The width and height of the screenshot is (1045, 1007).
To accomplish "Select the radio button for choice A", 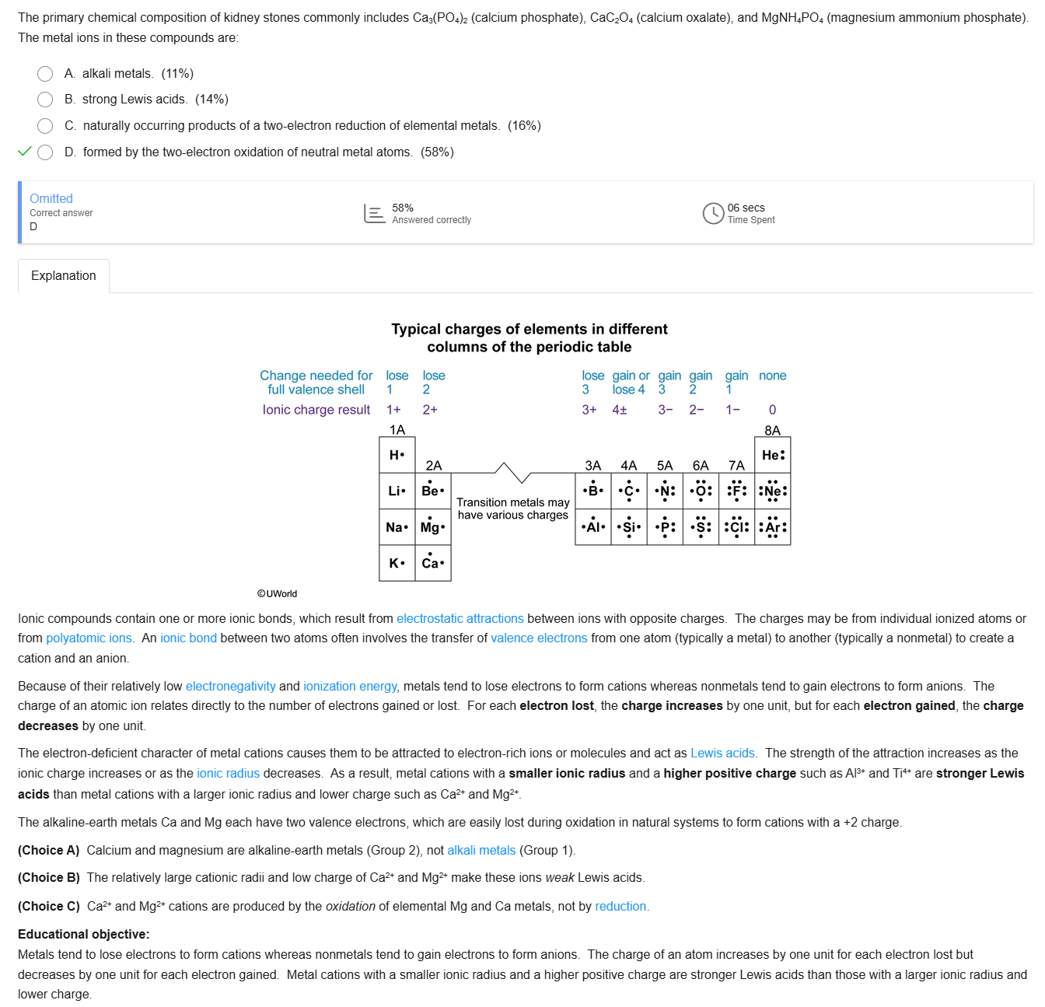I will pyautogui.click(x=45, y=74).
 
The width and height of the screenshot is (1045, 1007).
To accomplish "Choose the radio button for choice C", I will pyautogui.click(x=45, y=126).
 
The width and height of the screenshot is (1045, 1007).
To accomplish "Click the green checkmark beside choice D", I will pyautogui.click(x=24, y=152).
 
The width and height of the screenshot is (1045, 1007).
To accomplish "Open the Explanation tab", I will pyautogui.click(x=64, y=276).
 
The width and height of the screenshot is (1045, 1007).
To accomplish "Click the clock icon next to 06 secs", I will pyautogui.click(x=713, y=213).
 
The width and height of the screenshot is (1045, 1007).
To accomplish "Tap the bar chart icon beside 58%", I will pyautogui.click(x=375, y=213).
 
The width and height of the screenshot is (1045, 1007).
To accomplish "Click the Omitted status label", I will pyautogui.click(x=51, y=199).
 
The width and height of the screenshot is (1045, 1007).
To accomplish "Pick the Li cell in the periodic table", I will pyautogui.click(x=397, y=491).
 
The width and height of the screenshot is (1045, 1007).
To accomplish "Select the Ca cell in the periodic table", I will pyautogui.click(x=433, y=562).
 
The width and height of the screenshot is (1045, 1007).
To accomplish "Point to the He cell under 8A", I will pyautogui.click(x=773, y=455).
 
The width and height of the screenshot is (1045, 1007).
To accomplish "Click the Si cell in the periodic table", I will pyautogui.click(x=629, y=526).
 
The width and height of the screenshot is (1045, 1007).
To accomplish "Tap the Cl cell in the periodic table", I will pyautogui.click(x=737, y=526).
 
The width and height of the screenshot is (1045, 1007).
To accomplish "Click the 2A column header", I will pyautogui.click(x=434, y=466).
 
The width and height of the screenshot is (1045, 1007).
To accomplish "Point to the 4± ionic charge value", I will pyautogui.click(x=620, y=410).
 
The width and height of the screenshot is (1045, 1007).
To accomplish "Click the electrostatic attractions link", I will pyautogui.click(x=460, y=619).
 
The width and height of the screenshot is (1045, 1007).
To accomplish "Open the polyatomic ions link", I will pyautogui.click(x=89, y=638).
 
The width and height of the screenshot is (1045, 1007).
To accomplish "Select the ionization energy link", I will pyautogui.click(x=350, y=687).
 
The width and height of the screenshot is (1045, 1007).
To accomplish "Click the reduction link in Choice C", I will pyautogui.click(x=620, y=907).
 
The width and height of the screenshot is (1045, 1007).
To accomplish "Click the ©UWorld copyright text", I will pyautogui.click(x=278, y=594).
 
